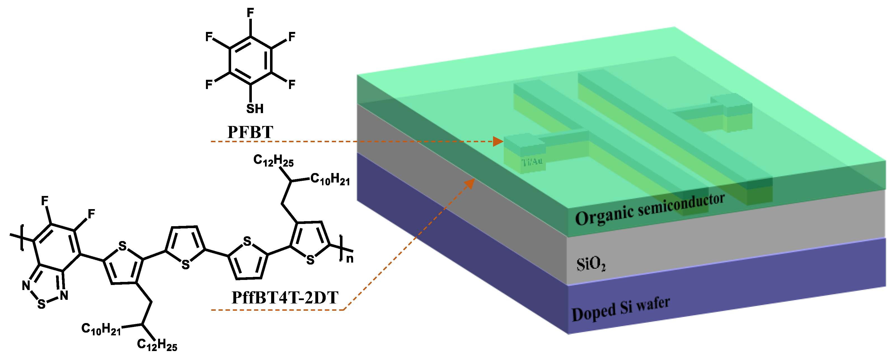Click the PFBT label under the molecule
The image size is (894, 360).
[x=250, y=132]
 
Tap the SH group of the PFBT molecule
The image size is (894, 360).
[x=255, y=109]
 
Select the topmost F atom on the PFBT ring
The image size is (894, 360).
[x=250, y=13]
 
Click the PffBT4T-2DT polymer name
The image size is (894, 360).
[x=285, y=298]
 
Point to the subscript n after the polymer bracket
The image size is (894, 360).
[x=350, y=259]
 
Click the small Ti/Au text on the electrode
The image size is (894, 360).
[x=532, y=162]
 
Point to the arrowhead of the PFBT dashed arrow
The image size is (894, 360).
[x=498, y=141]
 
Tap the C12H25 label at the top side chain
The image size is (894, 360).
[x=273, y=160]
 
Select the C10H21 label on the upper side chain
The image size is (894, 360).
[x=330, y=179]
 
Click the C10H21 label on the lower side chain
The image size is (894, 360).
[x=101, y=329]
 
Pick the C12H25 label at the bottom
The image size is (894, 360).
[x=157, y=345]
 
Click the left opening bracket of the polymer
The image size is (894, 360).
[x=22, y=237]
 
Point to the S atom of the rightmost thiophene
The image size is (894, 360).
[x=310, y=260]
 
